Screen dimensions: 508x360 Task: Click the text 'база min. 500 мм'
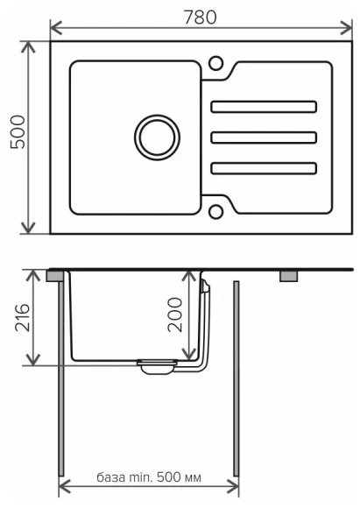tap(148, 478)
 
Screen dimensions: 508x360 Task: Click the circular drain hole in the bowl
tap(158, 137)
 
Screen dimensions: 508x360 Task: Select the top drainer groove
tap(263, 107)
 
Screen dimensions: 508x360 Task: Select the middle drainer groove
tap(263, 138)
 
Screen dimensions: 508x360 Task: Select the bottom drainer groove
tap(263, 167)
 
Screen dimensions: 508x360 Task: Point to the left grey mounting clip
tap(54, 275)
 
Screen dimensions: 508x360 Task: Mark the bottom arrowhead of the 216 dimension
tap(35, 362)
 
